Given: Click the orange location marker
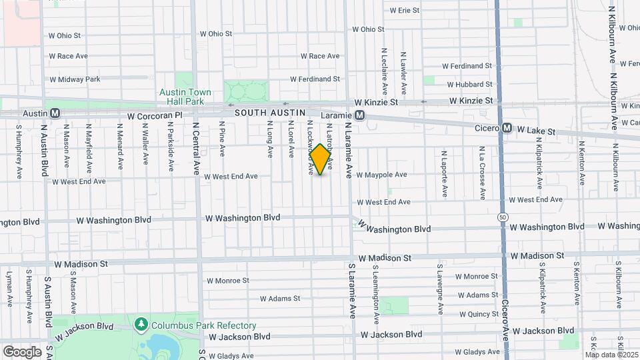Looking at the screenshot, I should pyautogui.click(x=321, y=160).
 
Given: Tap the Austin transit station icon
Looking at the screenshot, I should pyautogui.click(x=55, y=113).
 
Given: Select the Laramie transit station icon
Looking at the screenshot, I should pyautogui.click(x=360, y=115).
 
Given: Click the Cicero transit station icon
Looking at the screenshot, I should pyautogui.click(x=507, y=127).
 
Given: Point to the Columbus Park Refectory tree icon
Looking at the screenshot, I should pyautogui.click(x=141, y=325).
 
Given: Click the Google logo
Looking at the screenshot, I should pyautogui.click(x=22, y=351).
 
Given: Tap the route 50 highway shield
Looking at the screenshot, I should pyautogui.click(x=501, y=217).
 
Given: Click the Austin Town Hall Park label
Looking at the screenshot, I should pyautogui.click(x=185, y=97).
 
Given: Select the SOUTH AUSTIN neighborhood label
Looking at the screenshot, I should pyautogui.click(x=269, y=113).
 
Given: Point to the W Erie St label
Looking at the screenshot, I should pyautogui.click(x=404, y=11).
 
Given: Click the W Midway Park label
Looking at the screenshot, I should pyautogui.click(x=75, y=79).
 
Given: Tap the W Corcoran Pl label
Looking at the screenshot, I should pyautogui.click(x=155, y=116).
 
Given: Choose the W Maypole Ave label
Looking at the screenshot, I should pyautogui.click(x=381, y=175).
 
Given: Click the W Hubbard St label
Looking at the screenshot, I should pyautogui.click(x=469, y=85).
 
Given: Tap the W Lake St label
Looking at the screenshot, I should pyautogui.click(x=537, y=131).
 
